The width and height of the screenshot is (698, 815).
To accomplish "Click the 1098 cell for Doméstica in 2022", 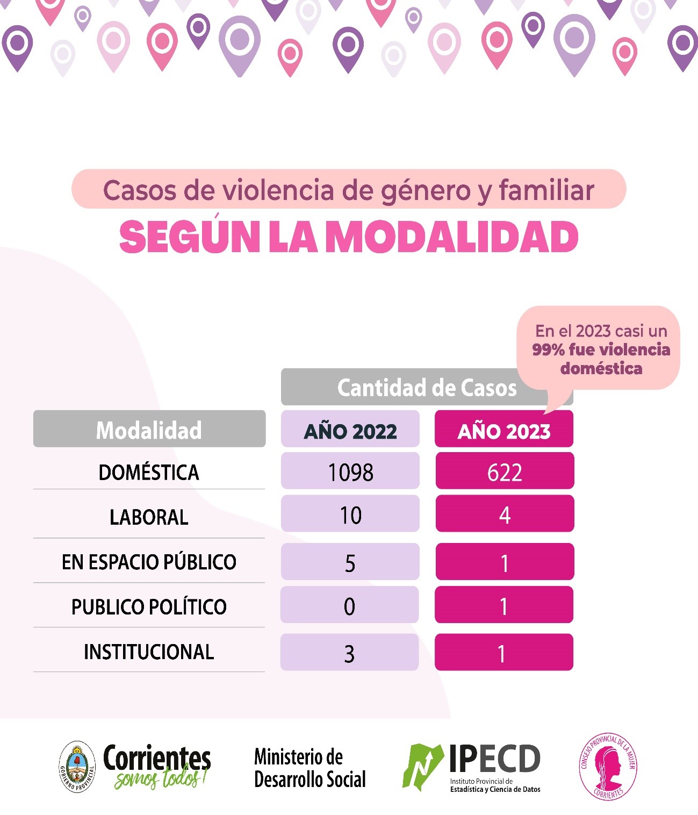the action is (x=350, y=471).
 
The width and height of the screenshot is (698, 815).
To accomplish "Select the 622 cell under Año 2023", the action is (x=505, y=471).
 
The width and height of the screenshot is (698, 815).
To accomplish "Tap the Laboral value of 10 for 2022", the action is (x=350, y=514).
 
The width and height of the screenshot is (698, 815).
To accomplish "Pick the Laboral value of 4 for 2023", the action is (x=505, y=514).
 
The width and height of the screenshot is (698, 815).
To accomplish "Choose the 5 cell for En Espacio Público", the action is (x=350, y=562).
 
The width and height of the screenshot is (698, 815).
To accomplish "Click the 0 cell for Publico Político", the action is (x=349, y=605).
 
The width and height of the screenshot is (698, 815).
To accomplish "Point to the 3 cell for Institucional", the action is (x=349, y=653).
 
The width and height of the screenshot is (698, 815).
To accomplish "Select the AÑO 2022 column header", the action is (x=350, y=429).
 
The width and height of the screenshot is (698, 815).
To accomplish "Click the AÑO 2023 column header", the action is (x=503, y=429).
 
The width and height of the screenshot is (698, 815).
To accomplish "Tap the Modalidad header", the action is (x=149, y=429).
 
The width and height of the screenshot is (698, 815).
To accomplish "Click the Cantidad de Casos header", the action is (x=427, y=387).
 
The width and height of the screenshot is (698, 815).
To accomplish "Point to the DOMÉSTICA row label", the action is (x=149, y=473).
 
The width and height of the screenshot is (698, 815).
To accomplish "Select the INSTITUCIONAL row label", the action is (x=149, y=652).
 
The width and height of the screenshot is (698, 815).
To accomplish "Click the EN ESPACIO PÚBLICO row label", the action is (x=149, y=562).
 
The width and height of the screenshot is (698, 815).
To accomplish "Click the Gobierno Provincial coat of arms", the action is (x=77, y=767).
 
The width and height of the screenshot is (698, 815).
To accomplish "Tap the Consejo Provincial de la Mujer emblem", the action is (x=608, y=767).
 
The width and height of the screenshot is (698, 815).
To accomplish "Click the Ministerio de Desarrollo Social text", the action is (x=310, y=768).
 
